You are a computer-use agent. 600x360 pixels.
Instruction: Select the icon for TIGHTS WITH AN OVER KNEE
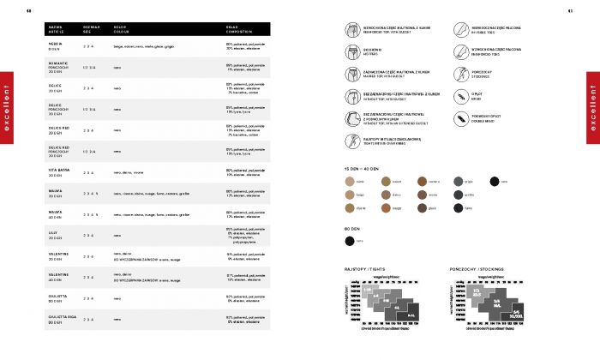351,139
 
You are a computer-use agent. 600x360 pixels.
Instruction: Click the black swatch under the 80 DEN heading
348,241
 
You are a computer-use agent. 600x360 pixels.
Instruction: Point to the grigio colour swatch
457,181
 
